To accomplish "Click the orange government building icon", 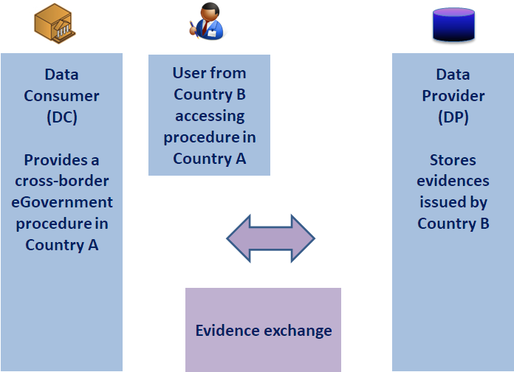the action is pos(55,24).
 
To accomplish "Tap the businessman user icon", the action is pos(208,21).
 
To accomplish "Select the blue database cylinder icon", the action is pos(453,25).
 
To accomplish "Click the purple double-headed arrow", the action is pos(271,238).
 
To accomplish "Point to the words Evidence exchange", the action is pos(264,331).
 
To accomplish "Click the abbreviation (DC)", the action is pos(62,117).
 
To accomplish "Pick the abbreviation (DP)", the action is pos(453,117).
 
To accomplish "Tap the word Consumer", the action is pos(61,96).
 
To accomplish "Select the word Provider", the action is pos(453,96).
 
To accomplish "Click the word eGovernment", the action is pos(62,202).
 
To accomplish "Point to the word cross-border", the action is pos(62,181).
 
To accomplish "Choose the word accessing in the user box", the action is pos(210,117).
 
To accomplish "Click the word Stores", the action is pos(453,160).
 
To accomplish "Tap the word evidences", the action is pos(453,181).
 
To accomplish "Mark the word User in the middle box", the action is pos(188,73).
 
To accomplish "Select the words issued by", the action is pos(453,202).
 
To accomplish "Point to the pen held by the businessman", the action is pos(193,29).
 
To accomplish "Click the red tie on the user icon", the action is pos(205,27).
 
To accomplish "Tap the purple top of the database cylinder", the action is pos(453,13).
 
